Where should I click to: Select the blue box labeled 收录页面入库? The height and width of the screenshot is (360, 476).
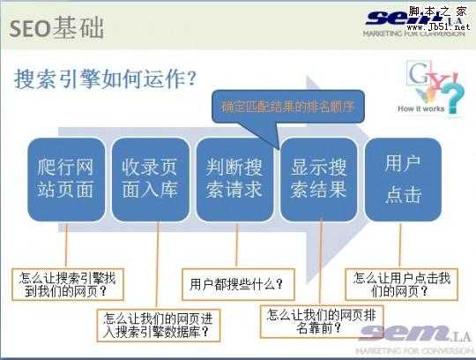150,178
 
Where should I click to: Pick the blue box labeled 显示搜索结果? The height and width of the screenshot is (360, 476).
318,178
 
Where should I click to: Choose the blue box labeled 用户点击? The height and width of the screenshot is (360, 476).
403,178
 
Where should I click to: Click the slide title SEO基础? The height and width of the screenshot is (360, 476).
58,26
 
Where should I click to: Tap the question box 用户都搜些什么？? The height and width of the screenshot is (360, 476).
236,284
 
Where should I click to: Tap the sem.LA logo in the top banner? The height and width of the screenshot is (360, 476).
405,19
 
